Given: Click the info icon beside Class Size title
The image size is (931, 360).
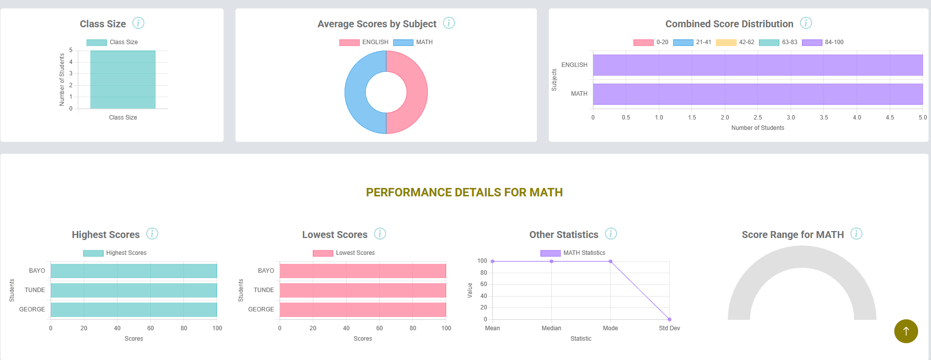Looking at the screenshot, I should [x=138, y=23].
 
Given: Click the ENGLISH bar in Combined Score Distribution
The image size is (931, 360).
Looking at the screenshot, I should [x=757, y=65].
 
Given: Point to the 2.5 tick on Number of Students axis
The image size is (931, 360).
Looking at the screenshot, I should [x=757, y=118].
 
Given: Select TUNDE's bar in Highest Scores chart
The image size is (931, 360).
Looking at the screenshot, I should [x=133, y=290].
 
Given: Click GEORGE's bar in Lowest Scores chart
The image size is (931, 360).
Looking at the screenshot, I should [x=362, y=309].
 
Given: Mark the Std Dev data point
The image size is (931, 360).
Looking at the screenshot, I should [x=669, y=319].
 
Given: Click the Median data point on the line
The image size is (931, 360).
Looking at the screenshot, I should [x=551, y=261].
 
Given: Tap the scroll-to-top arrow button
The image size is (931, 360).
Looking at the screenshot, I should [x=906, y=331].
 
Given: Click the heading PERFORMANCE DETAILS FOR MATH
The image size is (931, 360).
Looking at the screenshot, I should [x=464, y=192].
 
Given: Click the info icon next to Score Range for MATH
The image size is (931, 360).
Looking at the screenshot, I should [x=856, y=234].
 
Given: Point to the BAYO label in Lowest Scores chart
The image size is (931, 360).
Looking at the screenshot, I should [x=266, y=271].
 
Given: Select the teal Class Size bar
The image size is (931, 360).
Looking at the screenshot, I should [x=122, y=79].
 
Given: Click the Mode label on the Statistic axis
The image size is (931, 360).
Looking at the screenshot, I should [x=610, y=328].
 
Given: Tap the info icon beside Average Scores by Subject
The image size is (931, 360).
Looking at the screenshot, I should [x=449, y=23].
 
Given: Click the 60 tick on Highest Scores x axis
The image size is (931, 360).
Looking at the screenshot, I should [x=150, y=328].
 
